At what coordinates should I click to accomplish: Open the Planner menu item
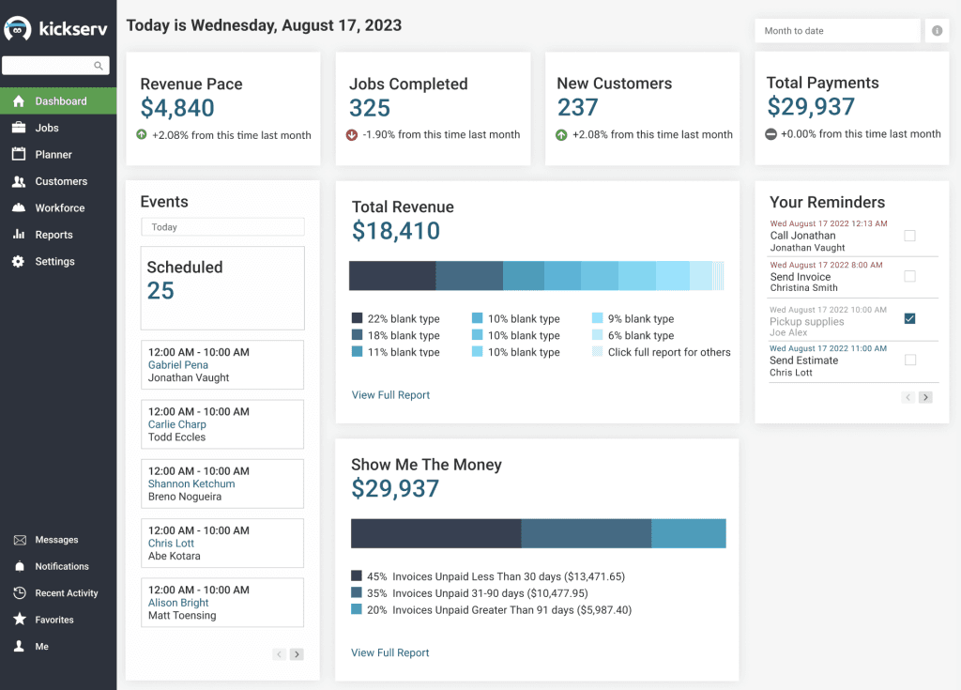coord(53,155)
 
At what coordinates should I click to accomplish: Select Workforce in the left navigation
coord(59,208)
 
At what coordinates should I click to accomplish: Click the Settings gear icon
coord(19,262)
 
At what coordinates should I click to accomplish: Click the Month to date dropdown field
coord(837,31)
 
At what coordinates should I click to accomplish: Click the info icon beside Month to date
coord(937,31)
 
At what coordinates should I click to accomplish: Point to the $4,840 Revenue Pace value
coord(177,108)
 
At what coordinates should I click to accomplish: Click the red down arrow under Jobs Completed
coord(352,135)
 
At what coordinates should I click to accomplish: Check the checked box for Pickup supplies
coord(909,319)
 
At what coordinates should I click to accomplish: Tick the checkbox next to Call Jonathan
coord(909,237)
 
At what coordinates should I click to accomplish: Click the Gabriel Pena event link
coord(178,365)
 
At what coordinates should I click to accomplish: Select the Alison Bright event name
coord(178,604)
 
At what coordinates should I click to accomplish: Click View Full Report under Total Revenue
coord(390,395)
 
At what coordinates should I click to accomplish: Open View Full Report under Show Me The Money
coord(390,652)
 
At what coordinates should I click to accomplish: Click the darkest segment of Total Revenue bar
coord(392,276)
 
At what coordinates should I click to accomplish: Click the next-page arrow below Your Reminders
coord(925,397)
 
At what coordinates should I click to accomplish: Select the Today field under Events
coord(222,227)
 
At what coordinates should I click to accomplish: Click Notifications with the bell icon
coord(61,567)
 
